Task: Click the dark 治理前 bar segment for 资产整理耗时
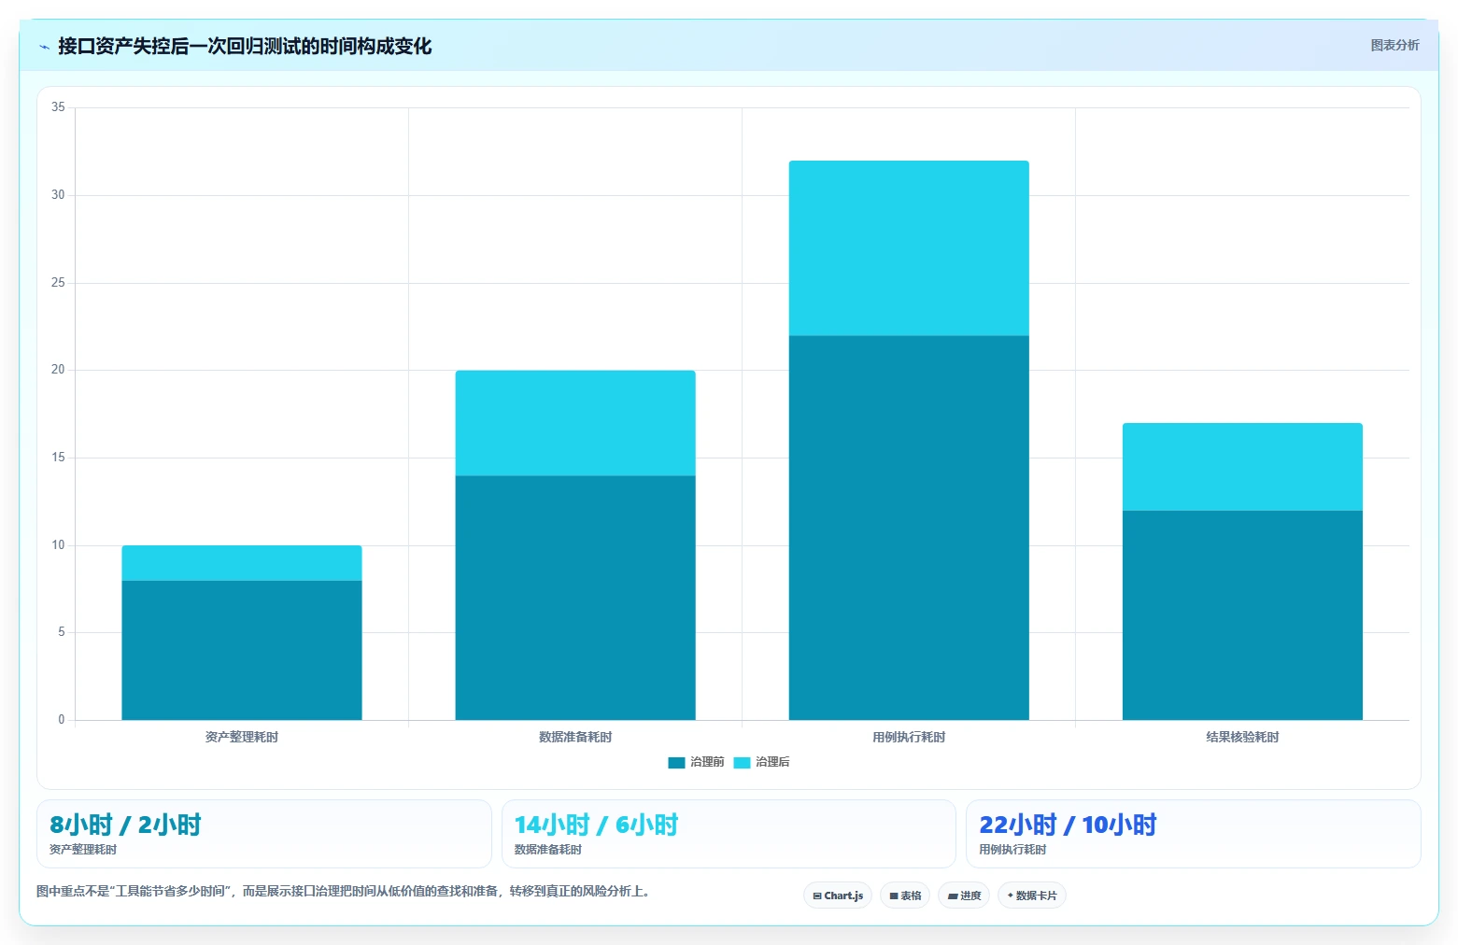(242, 650)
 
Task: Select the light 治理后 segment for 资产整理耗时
(242, 563)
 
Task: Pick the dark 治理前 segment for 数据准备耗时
(575, 598)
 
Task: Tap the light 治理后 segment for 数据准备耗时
(575, 423)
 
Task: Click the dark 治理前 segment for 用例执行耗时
(909, 528)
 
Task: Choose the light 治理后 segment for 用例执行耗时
(909, 248)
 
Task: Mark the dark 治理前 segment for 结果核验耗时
(1242, 615)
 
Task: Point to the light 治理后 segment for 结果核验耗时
(1242, 467)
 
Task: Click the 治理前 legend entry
(696, 762)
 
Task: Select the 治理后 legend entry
(761, 762)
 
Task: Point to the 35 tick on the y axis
(59, 106)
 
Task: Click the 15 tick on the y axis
(59, 458)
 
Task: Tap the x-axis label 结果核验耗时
(1242, 737)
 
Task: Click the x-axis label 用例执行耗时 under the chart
(909, 737)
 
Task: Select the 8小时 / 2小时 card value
(125, 825)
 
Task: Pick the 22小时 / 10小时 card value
(1069, 825)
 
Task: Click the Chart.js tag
(838, 896)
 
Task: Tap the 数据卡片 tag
(1032, 896)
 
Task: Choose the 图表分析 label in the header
(1394, 46)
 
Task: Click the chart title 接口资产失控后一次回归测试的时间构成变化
(245, 46)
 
